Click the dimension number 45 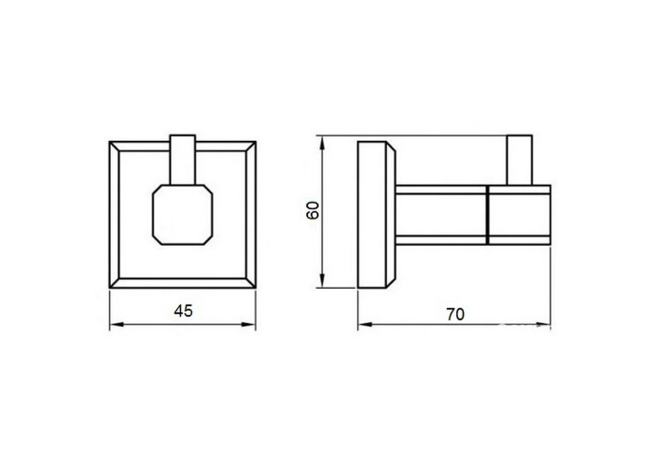pyautogui.click(x=183, y=311)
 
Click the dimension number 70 pyautogui.click(x=455, y=315)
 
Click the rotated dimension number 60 pyautogui.click(x=313, y=210)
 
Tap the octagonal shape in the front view pyautogui.click(x=183, y=214)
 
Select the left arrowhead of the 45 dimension pyautogui.click(x=117, y=324)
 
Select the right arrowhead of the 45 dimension pyautogui.click(x=249, y=324)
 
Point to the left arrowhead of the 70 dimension pyautogui.click(x=365, y=324)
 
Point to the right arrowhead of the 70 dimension pyautogui.click(x=544, y=324)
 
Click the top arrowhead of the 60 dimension pyautogui.click(x=322, y=143)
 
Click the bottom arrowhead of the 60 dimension pyautogui.click(x=322, y=280)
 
